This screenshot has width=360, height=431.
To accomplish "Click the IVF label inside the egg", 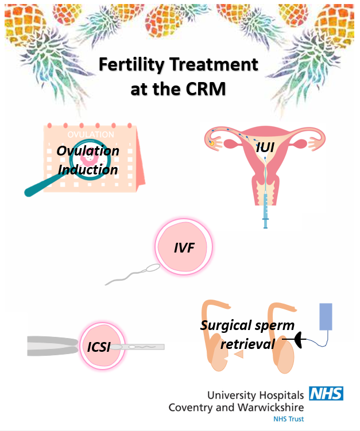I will coord(184,248).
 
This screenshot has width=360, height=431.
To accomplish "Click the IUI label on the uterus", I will coord(265,148).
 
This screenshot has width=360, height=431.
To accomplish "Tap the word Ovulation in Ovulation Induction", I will coord(88,151).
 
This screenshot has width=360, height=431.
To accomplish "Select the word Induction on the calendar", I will coord(88,169).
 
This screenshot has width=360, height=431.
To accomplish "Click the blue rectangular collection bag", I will coord(326,316).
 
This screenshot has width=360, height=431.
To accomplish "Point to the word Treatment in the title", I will coord(218,65).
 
